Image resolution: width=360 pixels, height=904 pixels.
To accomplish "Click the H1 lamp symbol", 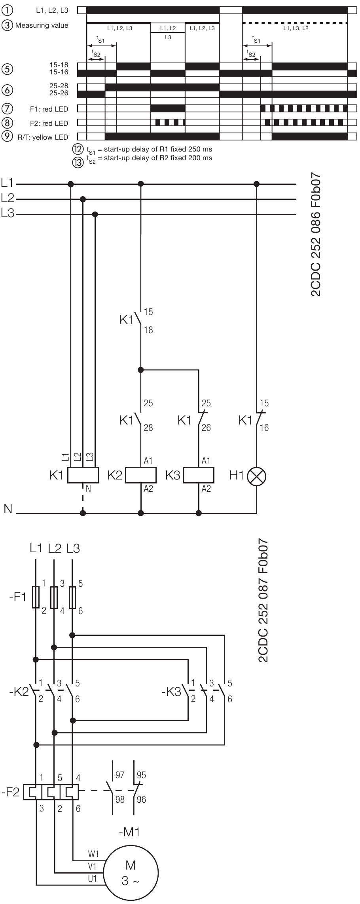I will [256, 476].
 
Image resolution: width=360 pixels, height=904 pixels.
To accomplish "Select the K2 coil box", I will [141, 476].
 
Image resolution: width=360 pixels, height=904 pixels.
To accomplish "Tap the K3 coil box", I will [199, 476].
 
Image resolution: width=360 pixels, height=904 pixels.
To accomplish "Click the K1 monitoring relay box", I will [83, 475].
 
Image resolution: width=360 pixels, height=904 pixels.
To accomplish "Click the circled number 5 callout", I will [7, 69].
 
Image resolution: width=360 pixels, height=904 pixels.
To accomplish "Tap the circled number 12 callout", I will [76, 150].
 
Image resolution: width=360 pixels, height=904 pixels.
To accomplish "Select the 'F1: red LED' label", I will [49, 109].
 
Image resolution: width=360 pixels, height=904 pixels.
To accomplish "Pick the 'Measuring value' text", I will [42, 26].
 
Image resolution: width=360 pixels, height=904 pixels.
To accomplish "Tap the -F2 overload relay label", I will [10, 792].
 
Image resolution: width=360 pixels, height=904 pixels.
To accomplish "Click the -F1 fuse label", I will [17, 597].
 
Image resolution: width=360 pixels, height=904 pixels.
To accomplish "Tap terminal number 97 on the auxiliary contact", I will [119, 775].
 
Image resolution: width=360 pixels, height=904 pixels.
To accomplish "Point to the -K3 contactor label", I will [171, 692].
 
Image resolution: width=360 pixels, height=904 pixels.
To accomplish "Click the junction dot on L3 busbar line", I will [95, 214].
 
